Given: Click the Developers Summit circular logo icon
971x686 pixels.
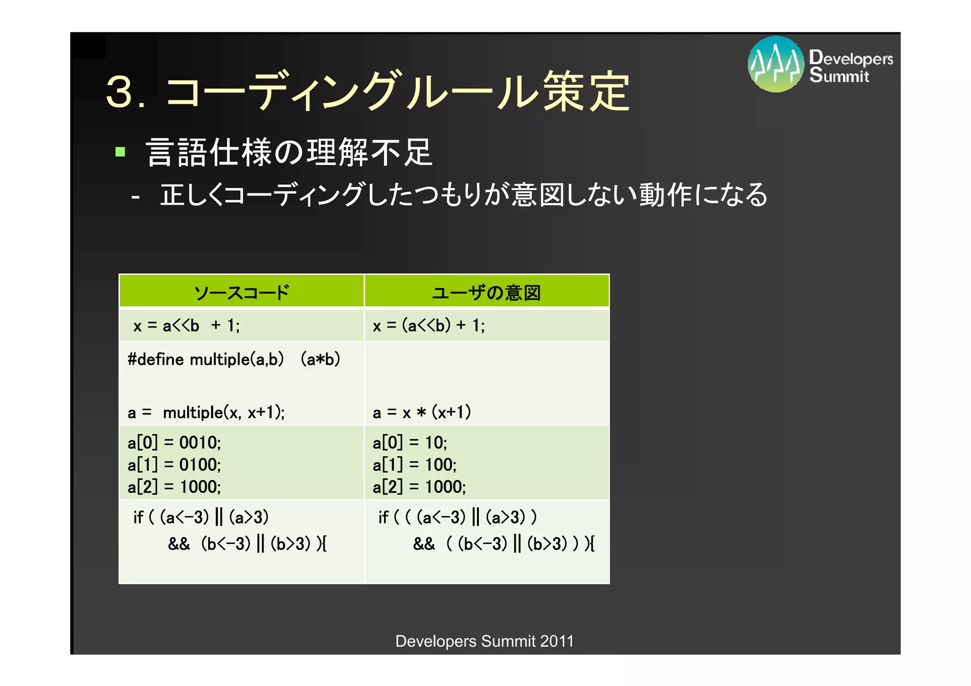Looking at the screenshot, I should [x=776, y=64].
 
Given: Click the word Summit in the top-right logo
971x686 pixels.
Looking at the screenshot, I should [x=839, y=76].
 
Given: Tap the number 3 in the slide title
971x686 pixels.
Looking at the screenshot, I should [x=119, y=91].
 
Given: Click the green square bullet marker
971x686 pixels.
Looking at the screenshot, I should [x=120, y=152].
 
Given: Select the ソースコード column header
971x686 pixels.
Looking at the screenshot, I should [x=241, y=292].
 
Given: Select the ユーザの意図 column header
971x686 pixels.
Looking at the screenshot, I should [x=486, y=292].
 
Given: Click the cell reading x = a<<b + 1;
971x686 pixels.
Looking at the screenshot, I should [x=187, y=326].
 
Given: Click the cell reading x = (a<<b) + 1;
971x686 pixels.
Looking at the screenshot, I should [x=429, y=326].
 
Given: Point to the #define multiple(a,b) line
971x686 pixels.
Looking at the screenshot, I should [x=234, y=360].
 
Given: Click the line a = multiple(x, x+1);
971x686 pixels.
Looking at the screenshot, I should [x=206, y=413].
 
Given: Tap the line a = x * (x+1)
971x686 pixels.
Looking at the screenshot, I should [x=421, y=413].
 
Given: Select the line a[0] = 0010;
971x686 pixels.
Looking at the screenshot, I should [x=174, y=443].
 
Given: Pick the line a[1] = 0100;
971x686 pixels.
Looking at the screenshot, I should [x=174, y=465].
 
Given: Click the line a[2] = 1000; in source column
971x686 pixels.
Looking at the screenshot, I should [x=174, y=487].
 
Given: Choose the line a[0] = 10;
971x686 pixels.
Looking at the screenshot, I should [x=410, y=443].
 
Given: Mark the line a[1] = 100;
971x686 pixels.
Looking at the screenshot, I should [x=414, y=465].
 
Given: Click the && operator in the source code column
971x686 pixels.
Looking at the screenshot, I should [x=179, y=544].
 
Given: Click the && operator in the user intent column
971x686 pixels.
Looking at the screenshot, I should [x=424, y=544].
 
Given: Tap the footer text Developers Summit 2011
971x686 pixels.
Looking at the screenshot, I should [x=484, y=641].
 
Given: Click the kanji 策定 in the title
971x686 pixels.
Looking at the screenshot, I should [x=586, y=91].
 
